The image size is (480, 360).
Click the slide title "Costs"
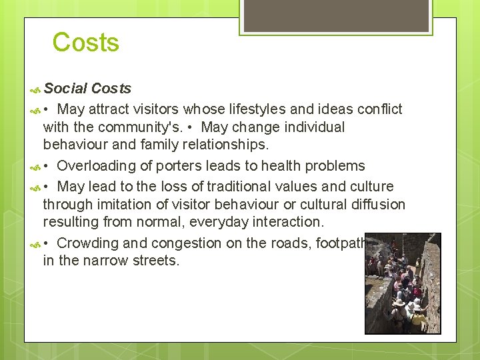[x=85, y=43]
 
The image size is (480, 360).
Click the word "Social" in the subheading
[x=65, y=89]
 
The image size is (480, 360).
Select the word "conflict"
[x=378, y=109]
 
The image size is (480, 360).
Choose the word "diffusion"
[x=376, y=204]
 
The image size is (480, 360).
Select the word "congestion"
[x=187, y=243]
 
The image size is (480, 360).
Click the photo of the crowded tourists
[x=403, y=283]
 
